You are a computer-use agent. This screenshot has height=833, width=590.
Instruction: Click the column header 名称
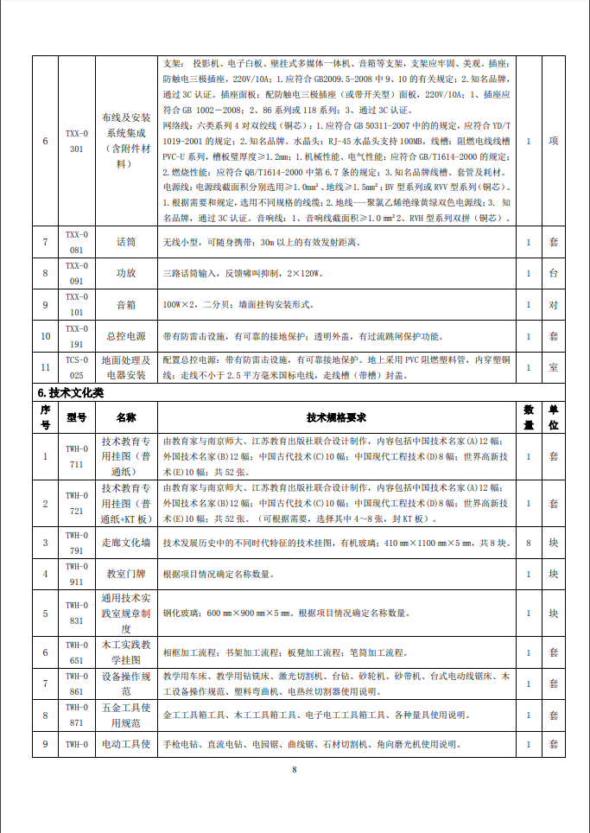pos(127,416)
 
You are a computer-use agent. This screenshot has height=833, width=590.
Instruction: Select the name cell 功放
pos(127,273)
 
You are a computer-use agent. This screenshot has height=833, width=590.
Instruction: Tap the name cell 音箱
pos(127,305)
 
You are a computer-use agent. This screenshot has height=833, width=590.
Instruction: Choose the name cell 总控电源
pos(127,335)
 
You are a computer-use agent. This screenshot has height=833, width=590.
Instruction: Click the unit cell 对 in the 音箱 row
pos(553,305)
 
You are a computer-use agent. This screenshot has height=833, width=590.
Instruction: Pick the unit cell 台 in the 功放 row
pos(553,273)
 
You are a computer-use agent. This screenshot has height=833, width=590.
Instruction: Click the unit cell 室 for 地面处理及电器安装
pos(553,367)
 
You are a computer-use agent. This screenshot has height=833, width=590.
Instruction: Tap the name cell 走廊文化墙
pos(127,543)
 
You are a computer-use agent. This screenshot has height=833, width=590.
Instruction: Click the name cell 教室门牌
pos(127,574)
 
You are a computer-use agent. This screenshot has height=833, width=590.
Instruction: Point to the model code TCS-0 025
pos(77,367)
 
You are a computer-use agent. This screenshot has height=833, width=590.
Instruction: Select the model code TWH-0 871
pos(77,715)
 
